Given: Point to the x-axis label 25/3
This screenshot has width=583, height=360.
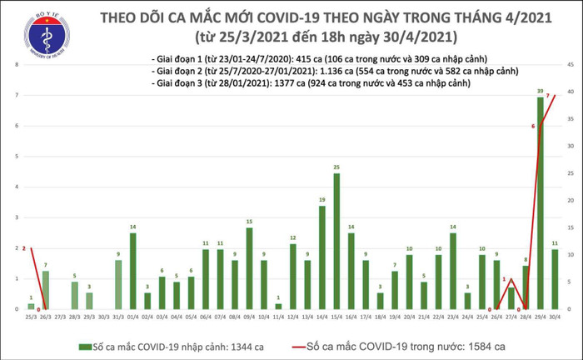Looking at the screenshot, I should tap(31, 317).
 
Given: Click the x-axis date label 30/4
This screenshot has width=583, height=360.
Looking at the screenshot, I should tap(555, 317).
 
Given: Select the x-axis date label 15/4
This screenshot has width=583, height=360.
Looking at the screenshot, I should tap(336, 317).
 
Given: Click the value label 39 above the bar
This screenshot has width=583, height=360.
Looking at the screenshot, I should tap(541, 91).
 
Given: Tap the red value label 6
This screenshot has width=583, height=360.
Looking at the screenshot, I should tap(532, 126).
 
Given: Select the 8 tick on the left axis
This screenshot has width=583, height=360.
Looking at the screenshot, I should tap(17, 65).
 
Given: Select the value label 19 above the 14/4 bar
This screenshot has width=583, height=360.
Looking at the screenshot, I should tap(321, 200).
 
